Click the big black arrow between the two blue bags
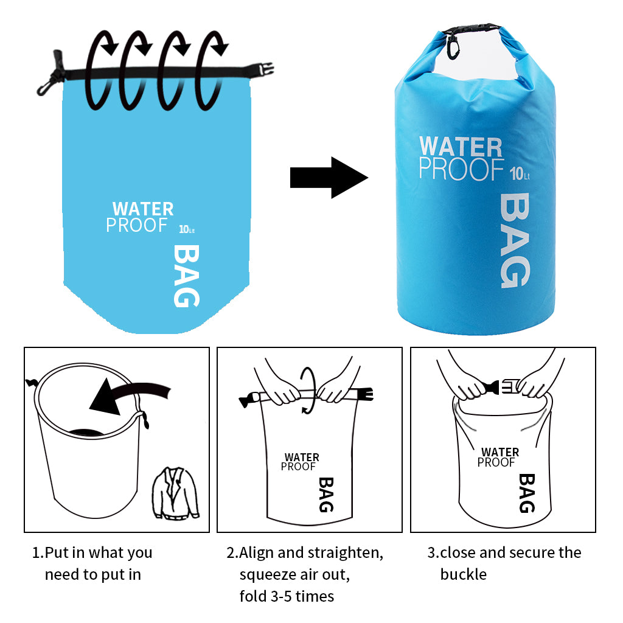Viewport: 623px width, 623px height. click(x=329, y=178)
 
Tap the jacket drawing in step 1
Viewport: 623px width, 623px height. click(x=175, y=493)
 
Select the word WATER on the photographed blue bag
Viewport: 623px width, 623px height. click(x=461, y=147)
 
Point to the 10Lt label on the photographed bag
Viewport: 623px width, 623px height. click(x=520, y=173)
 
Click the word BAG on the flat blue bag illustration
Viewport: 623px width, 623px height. click(x=186, y=276)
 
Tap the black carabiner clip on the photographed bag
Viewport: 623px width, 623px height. click(x=453, y=46)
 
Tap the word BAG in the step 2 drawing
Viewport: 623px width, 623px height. click(x=326, y=495)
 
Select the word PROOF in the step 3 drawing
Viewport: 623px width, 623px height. click(x=496, y=462)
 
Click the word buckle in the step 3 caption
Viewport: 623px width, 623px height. click(x=463, y=574)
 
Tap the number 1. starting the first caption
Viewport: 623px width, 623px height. click(x=38, y=552)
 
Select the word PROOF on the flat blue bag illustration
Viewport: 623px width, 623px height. click(x=137, y=225)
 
